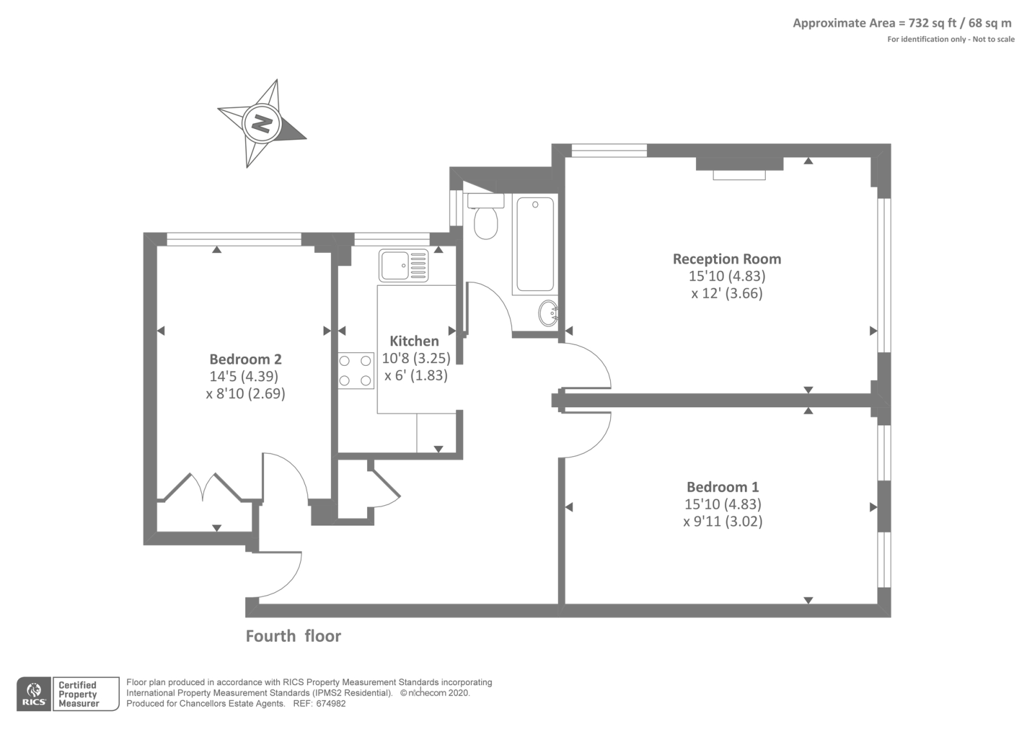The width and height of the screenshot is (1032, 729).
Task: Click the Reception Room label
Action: coord(727,259)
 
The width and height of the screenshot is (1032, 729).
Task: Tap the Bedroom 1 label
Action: coord(722,487)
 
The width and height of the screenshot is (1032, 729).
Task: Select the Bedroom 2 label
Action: coord(245,359)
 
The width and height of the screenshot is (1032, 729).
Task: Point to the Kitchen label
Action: coord(414,341)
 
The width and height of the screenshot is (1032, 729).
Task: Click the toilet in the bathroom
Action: coord(485,218)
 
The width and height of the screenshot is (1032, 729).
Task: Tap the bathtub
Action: coord(535,245)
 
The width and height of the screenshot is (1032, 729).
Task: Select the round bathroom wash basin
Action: coord(548,314)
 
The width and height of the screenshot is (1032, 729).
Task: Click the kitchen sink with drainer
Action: coord(403,266)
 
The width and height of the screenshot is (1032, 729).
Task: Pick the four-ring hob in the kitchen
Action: coord(356,371)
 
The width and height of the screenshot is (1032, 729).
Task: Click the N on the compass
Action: coord(261,123)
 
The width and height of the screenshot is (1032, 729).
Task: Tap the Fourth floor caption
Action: coord(293,636)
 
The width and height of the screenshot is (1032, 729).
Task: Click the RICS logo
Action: coord(34,694)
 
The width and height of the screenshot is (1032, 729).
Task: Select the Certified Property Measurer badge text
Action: coord(78,694)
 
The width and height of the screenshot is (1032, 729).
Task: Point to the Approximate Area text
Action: coord(902,23)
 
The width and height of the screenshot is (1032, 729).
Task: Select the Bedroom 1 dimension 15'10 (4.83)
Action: coord(722,504)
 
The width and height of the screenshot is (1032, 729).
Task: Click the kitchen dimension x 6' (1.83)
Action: coord(416,375)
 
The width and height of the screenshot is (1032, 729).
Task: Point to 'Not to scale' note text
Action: coord(993,39)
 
